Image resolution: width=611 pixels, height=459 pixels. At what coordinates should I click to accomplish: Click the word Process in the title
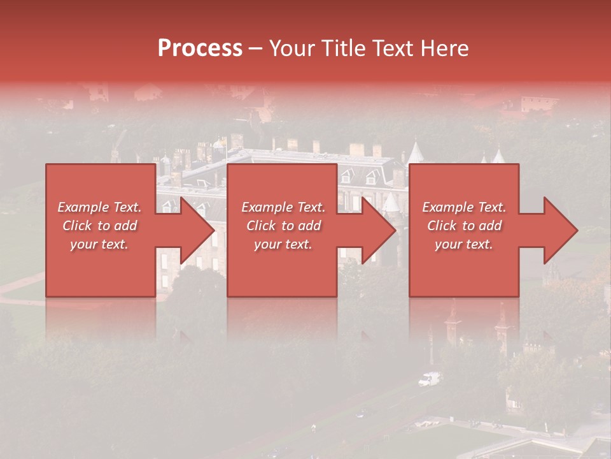[200, 48]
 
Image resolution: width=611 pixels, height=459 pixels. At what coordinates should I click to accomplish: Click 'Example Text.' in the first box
[99, 207]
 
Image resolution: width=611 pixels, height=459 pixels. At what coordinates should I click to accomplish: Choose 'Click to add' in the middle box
[283, 226]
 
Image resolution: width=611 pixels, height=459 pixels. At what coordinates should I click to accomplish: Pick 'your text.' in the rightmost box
[464, 244]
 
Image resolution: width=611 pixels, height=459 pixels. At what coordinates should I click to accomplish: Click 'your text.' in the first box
[99, 244]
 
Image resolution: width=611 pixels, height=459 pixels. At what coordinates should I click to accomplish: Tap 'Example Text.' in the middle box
[283, 207]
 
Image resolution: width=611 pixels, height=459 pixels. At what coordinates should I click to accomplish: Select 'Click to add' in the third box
[464, 226]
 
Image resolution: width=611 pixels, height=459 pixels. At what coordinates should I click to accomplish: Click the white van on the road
[429, 379]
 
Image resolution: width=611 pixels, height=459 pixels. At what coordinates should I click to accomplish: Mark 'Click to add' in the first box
[99, 226]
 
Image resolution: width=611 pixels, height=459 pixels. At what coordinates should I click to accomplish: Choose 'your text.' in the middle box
[283, 244]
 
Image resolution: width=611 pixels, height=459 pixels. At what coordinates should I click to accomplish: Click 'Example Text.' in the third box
[464, 207]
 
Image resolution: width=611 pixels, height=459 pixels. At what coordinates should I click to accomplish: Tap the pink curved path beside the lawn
[19, 286]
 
